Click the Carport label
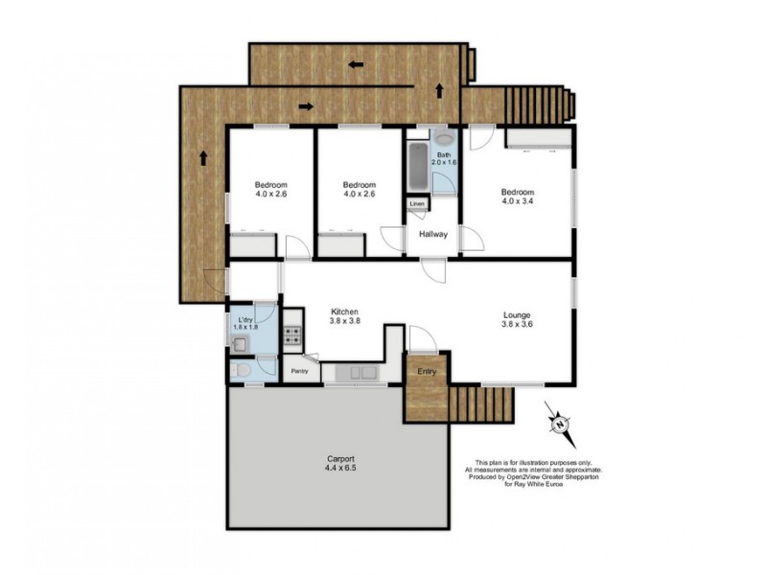click(x=337, y=458)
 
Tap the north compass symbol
click(x=558, y=424)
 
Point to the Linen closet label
click(x=417, y=204)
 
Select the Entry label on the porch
click(x=426, y=372)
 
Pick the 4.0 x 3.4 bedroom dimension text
click(x=520, y=201)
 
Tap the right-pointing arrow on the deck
click(x=306, y=105)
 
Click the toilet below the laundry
click(x=243, y=368)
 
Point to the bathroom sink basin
click(x=443, y=140)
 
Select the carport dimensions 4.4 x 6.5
click(x=337, y=469)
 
